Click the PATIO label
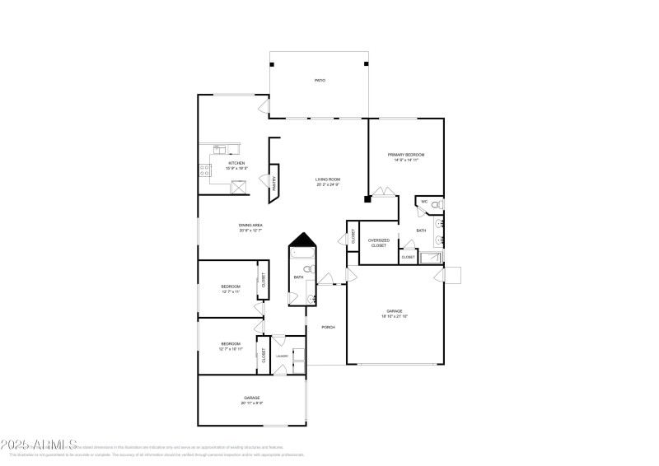point(319,81)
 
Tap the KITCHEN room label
point(236,163)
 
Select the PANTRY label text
point(274,184)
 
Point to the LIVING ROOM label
point(327,179)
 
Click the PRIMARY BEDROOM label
point(406,155)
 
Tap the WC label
point(424,202)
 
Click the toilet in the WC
point(439,203)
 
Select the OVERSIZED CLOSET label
point(378,243)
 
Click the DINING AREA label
point(250,225)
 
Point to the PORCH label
point(327,327)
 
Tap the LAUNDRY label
point(281,356)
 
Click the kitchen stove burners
point(203,171)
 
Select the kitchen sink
point(220,149)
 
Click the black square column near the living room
point(367,198)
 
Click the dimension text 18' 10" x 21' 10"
point(395,316)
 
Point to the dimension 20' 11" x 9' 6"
point(251,403)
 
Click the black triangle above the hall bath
point(301,238)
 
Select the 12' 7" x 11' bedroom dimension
point(230,291)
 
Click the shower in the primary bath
point(431,258)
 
